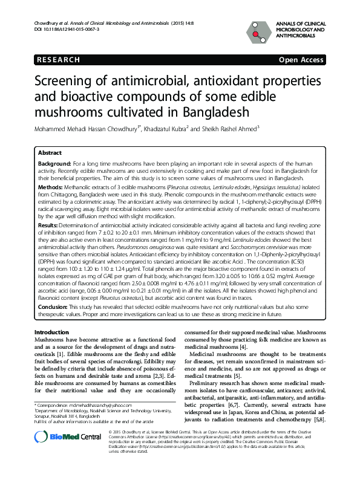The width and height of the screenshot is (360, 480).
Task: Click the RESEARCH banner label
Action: coord(57,60)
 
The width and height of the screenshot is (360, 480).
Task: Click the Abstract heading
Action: coord(50,154)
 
